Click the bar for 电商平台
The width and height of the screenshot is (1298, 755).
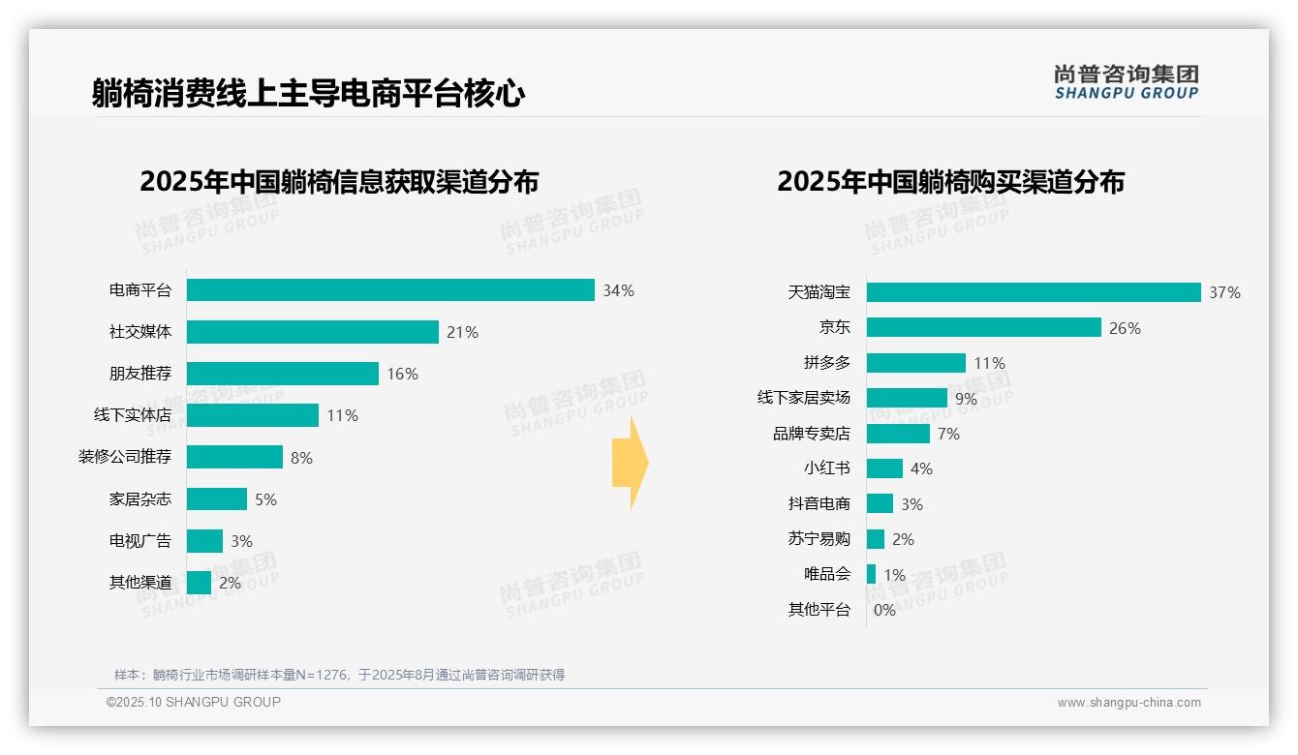click(390, 290)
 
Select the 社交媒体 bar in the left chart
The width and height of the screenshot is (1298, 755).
click(313, 332)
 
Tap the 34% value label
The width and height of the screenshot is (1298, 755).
click(618, 290)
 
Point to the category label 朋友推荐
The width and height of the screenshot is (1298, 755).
click(140, 374)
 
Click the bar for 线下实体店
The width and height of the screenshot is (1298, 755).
click(253, 415)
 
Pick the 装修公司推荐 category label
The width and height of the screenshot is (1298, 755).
click(125, 457)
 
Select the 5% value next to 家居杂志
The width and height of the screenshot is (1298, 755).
click(265, 499)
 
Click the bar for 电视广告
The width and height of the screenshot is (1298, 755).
click(204, 541)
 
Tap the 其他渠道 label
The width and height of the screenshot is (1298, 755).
click(140, 583)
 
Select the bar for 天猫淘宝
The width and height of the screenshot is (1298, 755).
click(1034, 292)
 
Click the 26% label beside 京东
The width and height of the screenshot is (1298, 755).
click(1125, 328)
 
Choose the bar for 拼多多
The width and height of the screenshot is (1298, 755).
click(916, 363)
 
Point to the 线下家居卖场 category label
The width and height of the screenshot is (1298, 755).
click(804, 398)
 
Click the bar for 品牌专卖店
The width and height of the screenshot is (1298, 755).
click(898, 434)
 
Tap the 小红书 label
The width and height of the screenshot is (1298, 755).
click(827, 468)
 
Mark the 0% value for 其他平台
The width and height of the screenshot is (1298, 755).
click(884, 610)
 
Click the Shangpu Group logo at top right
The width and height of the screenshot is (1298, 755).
click(1126, 82)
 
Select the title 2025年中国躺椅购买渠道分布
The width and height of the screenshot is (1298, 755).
click(950, 182)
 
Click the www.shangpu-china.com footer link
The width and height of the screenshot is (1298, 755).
click(1128, 703)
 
